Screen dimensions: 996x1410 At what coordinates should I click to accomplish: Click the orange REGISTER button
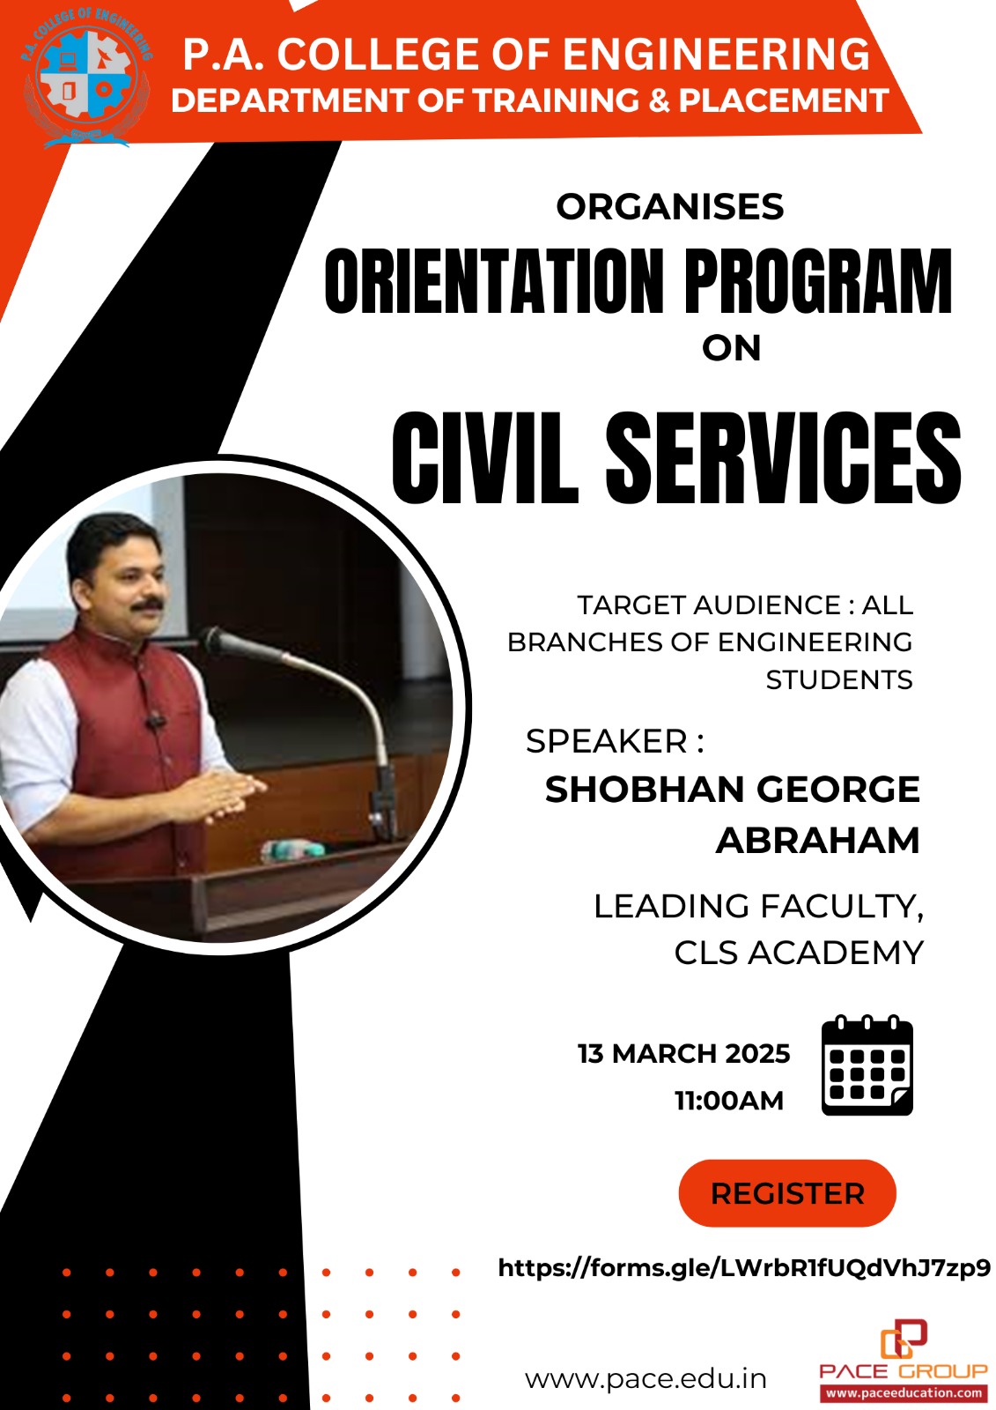point(786,1193)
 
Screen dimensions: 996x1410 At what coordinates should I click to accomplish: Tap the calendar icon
point(867,1065)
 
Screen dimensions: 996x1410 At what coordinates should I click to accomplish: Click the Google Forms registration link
point(744,1267)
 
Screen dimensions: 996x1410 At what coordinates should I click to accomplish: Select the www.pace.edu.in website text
point(646,1378)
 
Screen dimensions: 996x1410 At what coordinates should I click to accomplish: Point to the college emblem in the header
point(86,78)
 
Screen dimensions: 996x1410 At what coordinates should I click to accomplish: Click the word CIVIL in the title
point(484,456)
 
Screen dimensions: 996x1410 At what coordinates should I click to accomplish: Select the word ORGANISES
point(670,207)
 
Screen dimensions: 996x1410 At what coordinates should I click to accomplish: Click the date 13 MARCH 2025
point(684,1054)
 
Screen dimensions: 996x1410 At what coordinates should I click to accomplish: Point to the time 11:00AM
point(729,1101)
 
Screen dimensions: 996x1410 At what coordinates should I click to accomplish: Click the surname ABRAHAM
point(818,841)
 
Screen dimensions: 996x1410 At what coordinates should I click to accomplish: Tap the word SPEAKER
point(607,741)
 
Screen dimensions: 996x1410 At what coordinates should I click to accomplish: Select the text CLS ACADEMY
point(799,953)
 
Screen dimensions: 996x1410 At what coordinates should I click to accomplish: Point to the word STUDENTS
point(839,679)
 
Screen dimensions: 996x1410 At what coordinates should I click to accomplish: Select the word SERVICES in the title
point(784,456)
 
